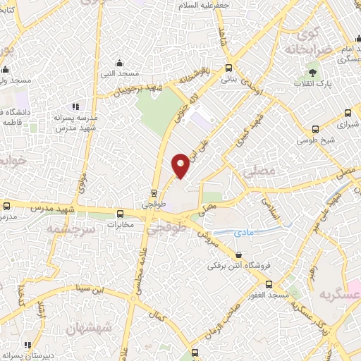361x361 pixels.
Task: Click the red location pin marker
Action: [181, 165]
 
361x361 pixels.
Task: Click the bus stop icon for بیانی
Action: [228, 68]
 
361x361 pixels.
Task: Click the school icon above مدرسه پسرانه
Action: [75, 106]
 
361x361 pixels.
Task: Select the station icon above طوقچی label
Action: [154, 193]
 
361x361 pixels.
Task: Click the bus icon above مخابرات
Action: [120, 214]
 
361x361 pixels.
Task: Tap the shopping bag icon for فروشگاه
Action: [239, 255]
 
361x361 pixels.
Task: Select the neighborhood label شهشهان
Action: [88, 329]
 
